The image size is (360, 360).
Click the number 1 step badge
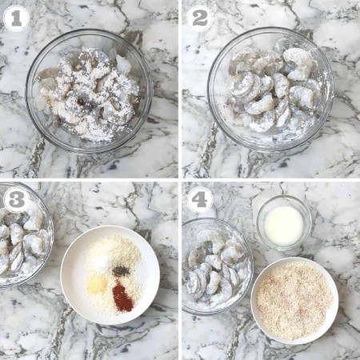point(16,19)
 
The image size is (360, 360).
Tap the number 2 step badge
point(200,18)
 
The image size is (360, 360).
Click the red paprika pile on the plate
point(122,296)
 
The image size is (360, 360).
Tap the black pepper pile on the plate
point(121,271)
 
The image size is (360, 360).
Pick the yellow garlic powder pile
point(97,285)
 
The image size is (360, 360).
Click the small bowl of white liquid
point(284,222)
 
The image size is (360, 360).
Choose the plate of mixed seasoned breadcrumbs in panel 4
point(294,301)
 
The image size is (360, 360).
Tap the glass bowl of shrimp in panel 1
point(89,91)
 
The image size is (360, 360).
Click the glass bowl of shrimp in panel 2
point(270,90)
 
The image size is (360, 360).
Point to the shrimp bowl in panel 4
point(218,266)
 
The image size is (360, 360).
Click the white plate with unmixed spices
point(110,275)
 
